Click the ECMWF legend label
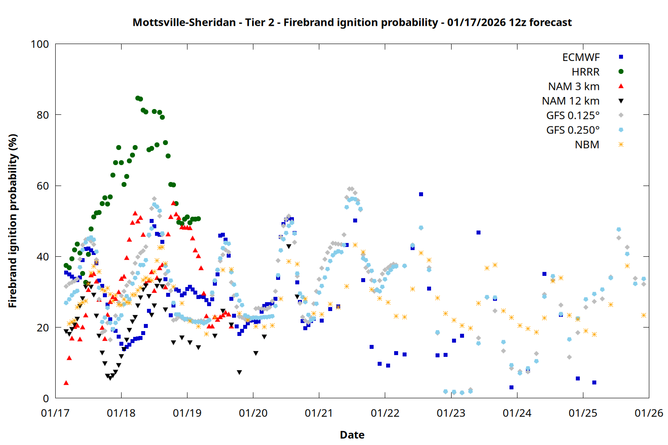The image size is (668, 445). (x=581, y=57)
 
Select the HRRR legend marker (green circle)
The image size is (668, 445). (x=621, y=72)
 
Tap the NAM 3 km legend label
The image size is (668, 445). (x=574, y=86)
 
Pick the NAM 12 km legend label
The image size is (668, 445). (x=570, y=101)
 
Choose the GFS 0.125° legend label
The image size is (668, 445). (x=573, y=116)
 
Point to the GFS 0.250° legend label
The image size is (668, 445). (x=573, y=130)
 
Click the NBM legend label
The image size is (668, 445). (x=587, y=145)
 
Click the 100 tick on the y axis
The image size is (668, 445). (x=40, y=44)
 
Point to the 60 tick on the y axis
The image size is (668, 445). (x=43, y=186)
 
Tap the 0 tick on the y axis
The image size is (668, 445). (x=45, y=399)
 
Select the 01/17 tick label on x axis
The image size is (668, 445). (x=55, y=413)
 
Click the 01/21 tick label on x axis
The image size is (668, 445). (x=319, y=413)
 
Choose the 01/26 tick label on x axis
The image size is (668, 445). (x=649, y=413)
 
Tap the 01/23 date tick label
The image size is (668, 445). (x=451, y=413)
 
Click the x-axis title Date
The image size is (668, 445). (x=352, y=435)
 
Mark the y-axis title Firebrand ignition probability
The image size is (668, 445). (x=13, y=221)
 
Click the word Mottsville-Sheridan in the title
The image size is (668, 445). (x=184, y=22)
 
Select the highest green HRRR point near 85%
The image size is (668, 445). (x=138, y=98)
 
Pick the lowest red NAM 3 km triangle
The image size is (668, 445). (x=66, y=383)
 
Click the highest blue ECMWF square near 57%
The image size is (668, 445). (x=421, y=194)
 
